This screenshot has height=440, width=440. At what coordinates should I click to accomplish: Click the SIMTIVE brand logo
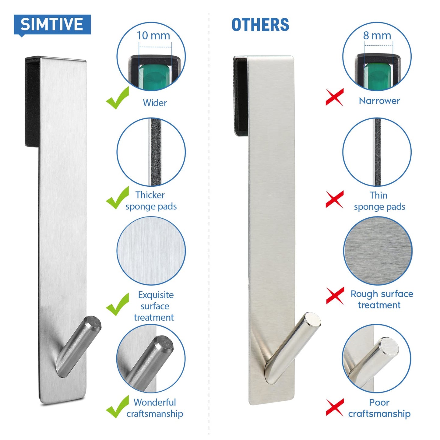tap(52, 24)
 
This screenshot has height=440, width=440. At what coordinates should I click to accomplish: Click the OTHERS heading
tap(260, 25)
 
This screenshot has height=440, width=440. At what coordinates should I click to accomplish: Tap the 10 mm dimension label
tap(153, 36)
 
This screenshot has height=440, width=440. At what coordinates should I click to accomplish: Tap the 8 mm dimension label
tap(377, 36)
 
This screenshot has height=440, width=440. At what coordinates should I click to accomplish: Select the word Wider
tap(155, 103)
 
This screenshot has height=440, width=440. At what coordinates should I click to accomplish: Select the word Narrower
tap(379, 101)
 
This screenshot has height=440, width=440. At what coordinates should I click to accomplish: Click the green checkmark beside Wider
tap(118, 98)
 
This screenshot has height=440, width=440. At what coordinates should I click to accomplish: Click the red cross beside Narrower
tap(334, 97)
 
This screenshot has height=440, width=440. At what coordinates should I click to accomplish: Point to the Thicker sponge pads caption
tap(151, 201)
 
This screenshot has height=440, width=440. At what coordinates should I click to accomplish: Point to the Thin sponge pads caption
tap(379, 201)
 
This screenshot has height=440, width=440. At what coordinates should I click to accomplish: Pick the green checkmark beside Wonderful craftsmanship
tap(118, 407)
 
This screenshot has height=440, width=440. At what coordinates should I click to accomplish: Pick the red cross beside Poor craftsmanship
tap(335, 407)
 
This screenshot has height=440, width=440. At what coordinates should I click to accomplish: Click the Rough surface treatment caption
tap(382, 299)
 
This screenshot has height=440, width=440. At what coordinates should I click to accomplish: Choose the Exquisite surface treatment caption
tap(155, 306)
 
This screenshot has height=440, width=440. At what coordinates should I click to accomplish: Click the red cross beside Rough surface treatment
tap(335, 295)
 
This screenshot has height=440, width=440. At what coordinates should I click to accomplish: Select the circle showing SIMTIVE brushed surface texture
tap(151, 251)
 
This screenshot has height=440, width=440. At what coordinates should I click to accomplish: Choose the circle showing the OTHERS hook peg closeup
tap(377, 358)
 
